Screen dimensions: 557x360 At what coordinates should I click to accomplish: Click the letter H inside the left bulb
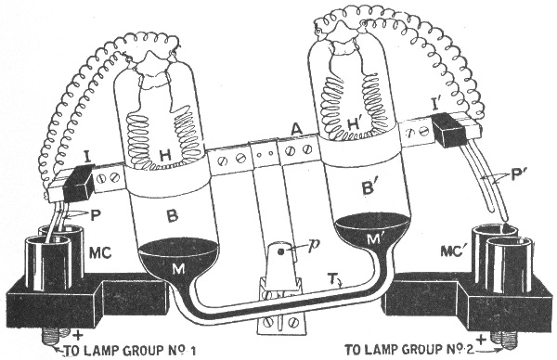pyautogui.click(x=165, y=156)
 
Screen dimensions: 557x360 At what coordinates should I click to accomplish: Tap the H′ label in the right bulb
pyautogui.click(x=355, y=124)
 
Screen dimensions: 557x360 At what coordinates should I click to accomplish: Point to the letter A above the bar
pyautogui.click(x=296, y=129)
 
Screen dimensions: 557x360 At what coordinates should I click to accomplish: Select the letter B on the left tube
pyautogui.click(x=173, y=215)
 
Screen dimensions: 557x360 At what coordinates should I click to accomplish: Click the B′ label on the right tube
pyautogui.click(x=369, y=186)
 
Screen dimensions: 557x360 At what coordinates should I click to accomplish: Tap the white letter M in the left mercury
pyautogui.click(x=178, y=270)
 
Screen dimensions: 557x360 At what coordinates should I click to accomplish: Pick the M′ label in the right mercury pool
pyautogui.click(x=375, y=238)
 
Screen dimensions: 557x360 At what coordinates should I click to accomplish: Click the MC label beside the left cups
pyautogui.click(x=100, y=252)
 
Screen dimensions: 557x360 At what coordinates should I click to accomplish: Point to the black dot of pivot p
pyautogui.click(x=280, y=252)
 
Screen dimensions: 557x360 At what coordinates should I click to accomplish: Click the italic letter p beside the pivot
pyautogui.click(x=314, y=246)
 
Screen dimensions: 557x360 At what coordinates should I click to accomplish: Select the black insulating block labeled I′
pyautogui.click(x=448, y=130)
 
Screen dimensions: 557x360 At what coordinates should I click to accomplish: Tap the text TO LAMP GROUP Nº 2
pyautogui.click(x=409, y=350)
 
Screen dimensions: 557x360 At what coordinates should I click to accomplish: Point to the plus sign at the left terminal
pyautogui.click(x=77, y=335)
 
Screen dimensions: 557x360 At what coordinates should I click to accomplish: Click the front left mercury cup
pyautogui.click(x=47, y=264)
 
